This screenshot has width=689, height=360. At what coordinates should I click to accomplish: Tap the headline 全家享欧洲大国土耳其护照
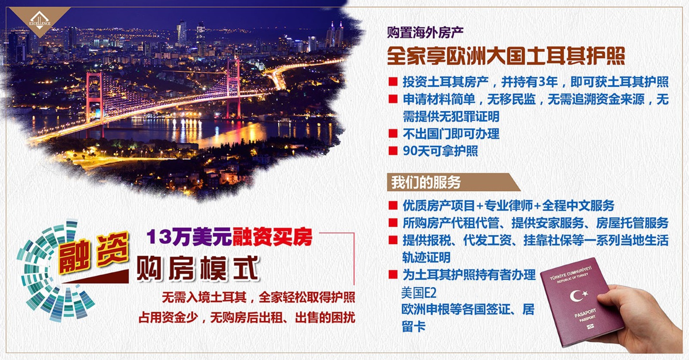(506, 56)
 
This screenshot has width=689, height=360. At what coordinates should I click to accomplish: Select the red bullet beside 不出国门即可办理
(393, 133)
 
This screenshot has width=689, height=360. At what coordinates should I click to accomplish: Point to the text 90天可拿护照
(440, 151)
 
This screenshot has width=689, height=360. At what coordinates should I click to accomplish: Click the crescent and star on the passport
(578, 295)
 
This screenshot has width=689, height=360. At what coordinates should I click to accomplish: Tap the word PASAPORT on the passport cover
(585, 314)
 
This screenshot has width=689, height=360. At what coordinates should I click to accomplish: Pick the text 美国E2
(419, 293)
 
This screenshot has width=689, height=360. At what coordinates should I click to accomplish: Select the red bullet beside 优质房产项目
(393, 205)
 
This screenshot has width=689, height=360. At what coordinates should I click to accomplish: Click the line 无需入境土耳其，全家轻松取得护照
(258, 297)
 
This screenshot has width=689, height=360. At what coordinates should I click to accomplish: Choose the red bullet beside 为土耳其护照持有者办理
(393, 274)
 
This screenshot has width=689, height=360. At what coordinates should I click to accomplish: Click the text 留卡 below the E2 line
(413, 326)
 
